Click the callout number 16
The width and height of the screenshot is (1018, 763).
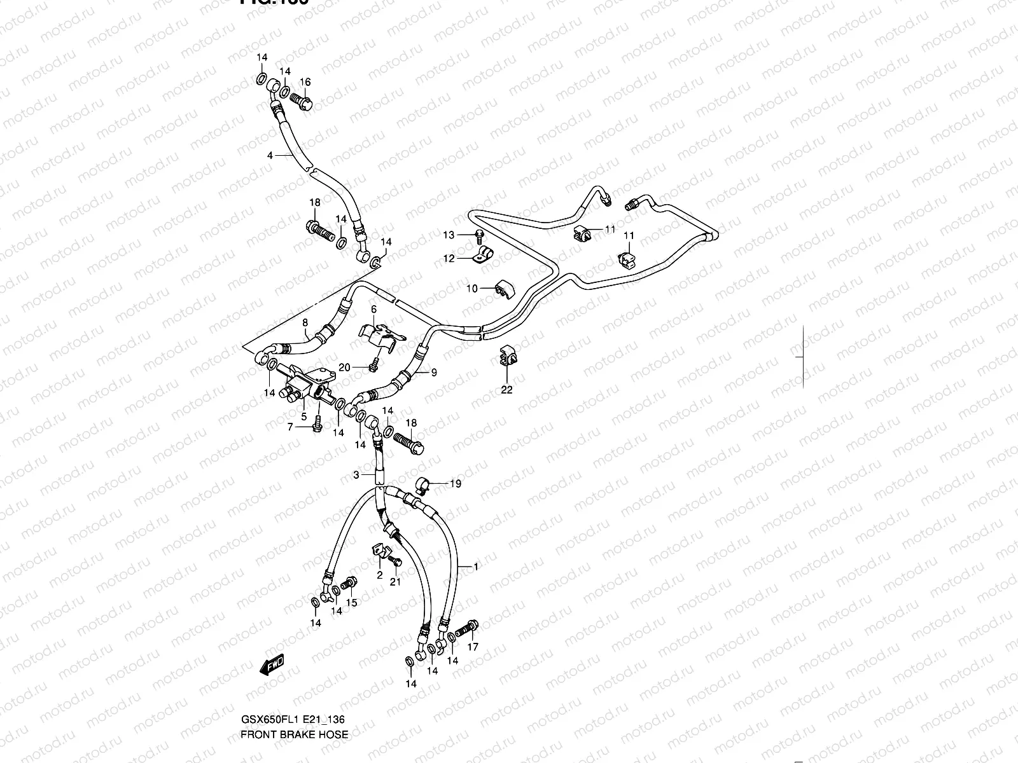tap(305, 82)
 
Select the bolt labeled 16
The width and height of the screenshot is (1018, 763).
tap(302, 101)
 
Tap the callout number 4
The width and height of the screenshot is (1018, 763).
tap(270, 155)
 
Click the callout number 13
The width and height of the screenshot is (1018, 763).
tap(449, 235)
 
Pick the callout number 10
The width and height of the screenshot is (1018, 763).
tap(471, 289)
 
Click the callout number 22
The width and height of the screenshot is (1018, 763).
tap(506, 390)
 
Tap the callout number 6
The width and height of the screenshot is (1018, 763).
tap(373, 309)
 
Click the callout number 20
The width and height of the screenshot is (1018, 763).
tap(344, 367)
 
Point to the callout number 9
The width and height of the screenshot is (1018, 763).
tap(434, 373)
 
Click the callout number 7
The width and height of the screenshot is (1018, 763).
tap(290, 427)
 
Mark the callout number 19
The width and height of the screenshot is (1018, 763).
tap(456, 484)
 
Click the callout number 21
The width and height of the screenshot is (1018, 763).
tap(395, 582)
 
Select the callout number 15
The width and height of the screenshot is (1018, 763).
tap(351, 603)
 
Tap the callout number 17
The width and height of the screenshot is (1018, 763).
tap(473, 647)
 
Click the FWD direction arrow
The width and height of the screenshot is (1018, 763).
tap(272, 664)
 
